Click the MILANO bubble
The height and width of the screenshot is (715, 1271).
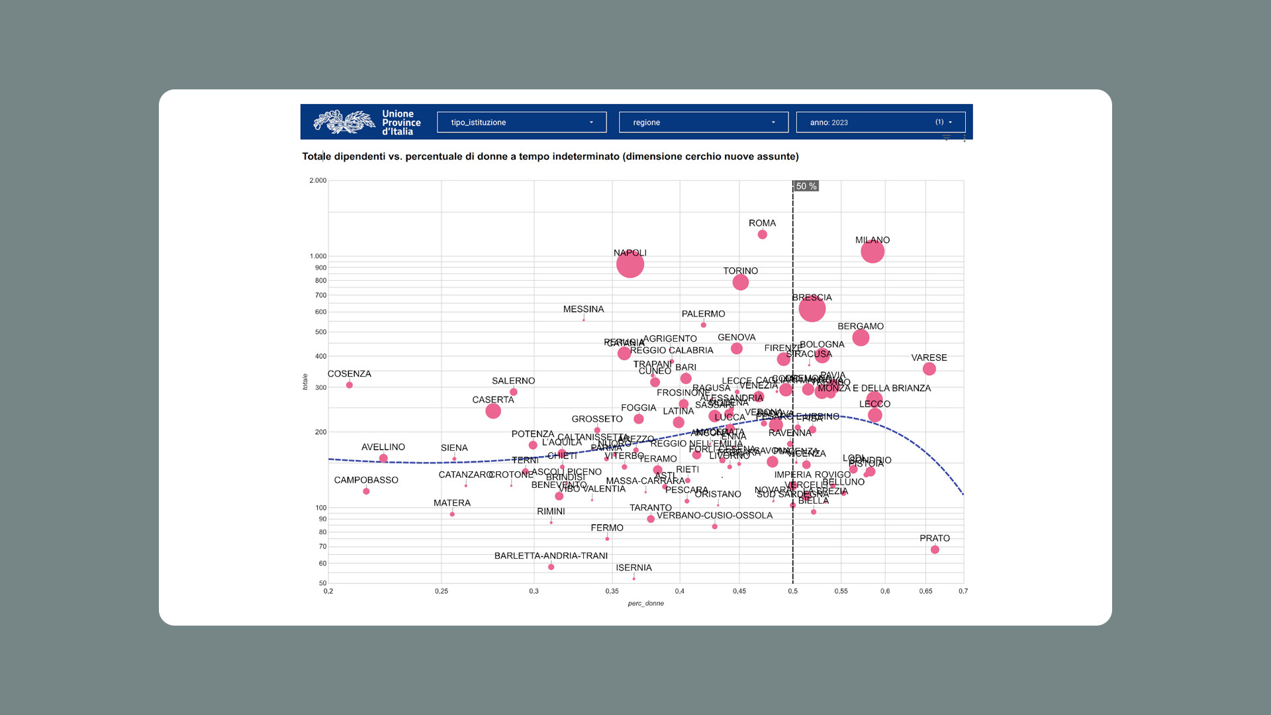tap(872, 252)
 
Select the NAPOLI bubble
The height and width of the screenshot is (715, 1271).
tap(630, 264)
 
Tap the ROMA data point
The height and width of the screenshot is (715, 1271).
tap(762, 234)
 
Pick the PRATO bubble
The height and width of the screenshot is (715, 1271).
tap(935, 549)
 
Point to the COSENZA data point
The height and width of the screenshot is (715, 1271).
tap(350, 385)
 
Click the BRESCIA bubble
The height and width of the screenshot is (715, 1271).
tap(812, 309)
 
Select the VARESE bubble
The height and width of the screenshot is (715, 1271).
tap(929, 369)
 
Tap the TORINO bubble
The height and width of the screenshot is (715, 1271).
tap(740, 283)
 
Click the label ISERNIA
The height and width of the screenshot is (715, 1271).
tap(634, 568)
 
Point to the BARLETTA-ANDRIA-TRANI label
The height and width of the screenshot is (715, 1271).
tap(551, 556)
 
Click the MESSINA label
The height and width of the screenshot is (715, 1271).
tap(583, 309)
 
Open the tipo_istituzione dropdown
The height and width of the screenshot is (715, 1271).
tap(522, 122)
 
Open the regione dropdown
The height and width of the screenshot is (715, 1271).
tap(703, 122)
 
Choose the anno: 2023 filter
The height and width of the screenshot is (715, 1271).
tap(880, 122)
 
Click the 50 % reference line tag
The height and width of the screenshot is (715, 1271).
tap(806, 187)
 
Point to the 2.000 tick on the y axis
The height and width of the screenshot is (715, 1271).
tap(318, 181)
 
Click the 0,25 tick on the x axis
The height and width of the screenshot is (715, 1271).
tap(442, 591)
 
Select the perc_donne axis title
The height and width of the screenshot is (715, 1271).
tap(645, 604)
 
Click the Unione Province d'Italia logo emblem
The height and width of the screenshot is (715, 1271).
tap(344, 122)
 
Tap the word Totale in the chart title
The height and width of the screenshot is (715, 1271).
tap(316, 157)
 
